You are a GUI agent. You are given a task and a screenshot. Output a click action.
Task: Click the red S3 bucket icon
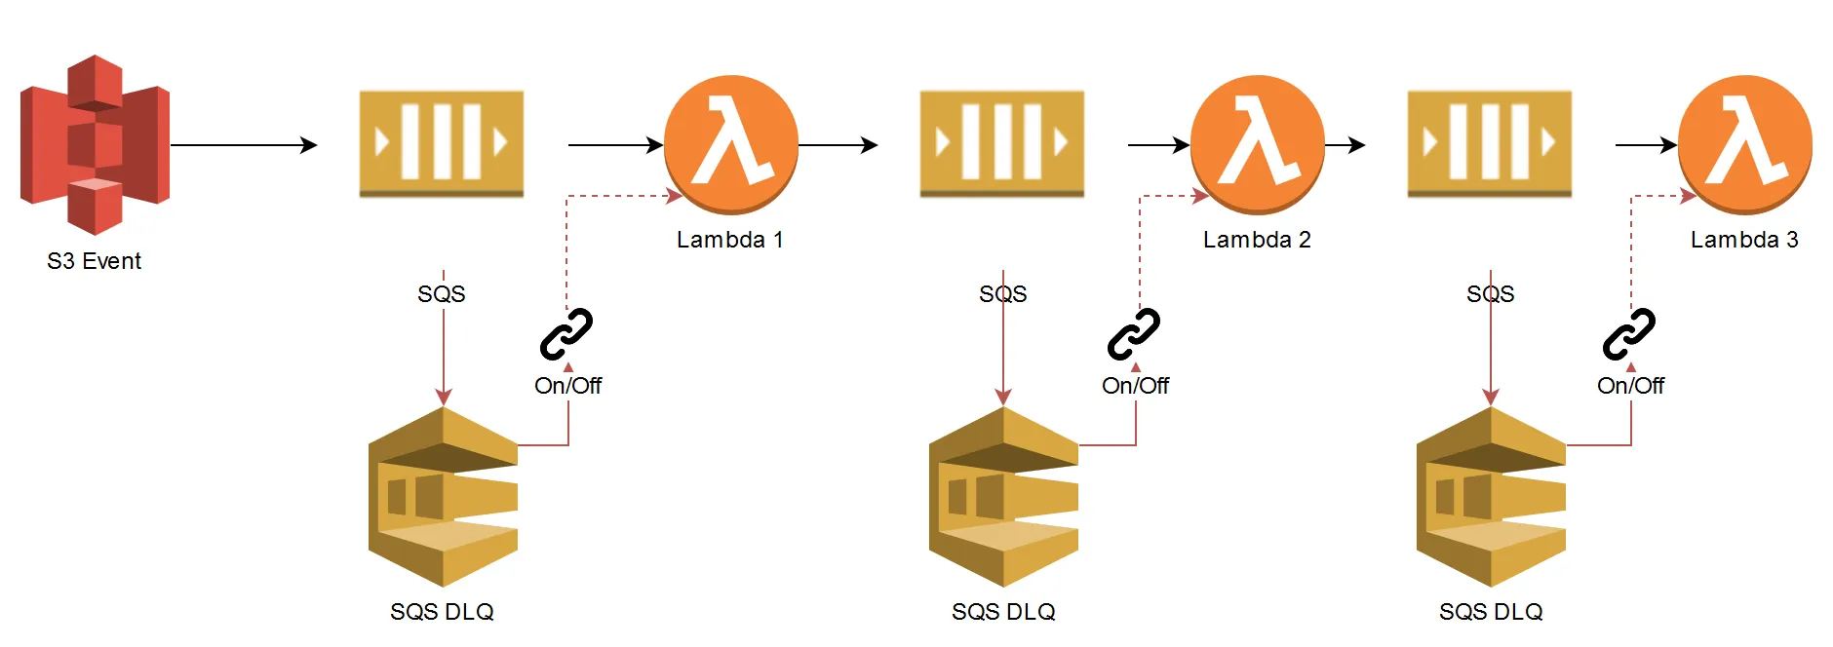[x=95, y=144]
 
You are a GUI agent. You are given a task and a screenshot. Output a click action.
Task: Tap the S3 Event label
[x=94, y=261]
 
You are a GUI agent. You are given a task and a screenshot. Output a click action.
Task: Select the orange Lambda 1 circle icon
[x=731, y=143]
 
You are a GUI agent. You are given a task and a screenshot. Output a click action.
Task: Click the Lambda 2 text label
[x=1257, y=240]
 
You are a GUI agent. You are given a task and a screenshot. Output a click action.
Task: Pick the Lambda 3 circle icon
[x=1744, y=143]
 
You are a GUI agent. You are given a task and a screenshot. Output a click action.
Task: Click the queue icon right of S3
[x=441, y=144]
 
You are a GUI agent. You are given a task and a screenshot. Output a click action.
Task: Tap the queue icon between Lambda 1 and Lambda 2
[x=1001, y=144]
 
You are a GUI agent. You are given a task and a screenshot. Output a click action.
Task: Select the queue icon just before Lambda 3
[x=1489, y=144]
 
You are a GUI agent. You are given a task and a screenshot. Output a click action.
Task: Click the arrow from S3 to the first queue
[x=244, y=145]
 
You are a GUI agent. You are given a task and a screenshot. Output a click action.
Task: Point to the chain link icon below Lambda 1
[x=566, y=334]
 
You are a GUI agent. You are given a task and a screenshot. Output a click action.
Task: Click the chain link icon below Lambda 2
[x=1133, y=334]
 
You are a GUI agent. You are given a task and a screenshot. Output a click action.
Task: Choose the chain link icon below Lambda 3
[x=1629, y=334]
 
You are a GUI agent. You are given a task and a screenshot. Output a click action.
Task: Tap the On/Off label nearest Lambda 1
[x=567, y=386]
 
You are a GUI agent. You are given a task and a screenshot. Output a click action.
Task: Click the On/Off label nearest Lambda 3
[x=1630, y=386]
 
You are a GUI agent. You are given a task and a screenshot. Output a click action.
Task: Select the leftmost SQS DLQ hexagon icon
[x=443, y=497]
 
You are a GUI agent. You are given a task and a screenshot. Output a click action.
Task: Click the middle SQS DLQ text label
[x=1003, y=612]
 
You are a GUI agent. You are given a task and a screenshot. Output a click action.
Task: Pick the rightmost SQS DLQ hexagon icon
[x=1491, y=497]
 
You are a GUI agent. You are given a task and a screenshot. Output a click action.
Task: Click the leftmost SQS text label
[x=441, y=294]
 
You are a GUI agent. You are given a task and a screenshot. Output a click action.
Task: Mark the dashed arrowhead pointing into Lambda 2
[x=1200, y=196]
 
